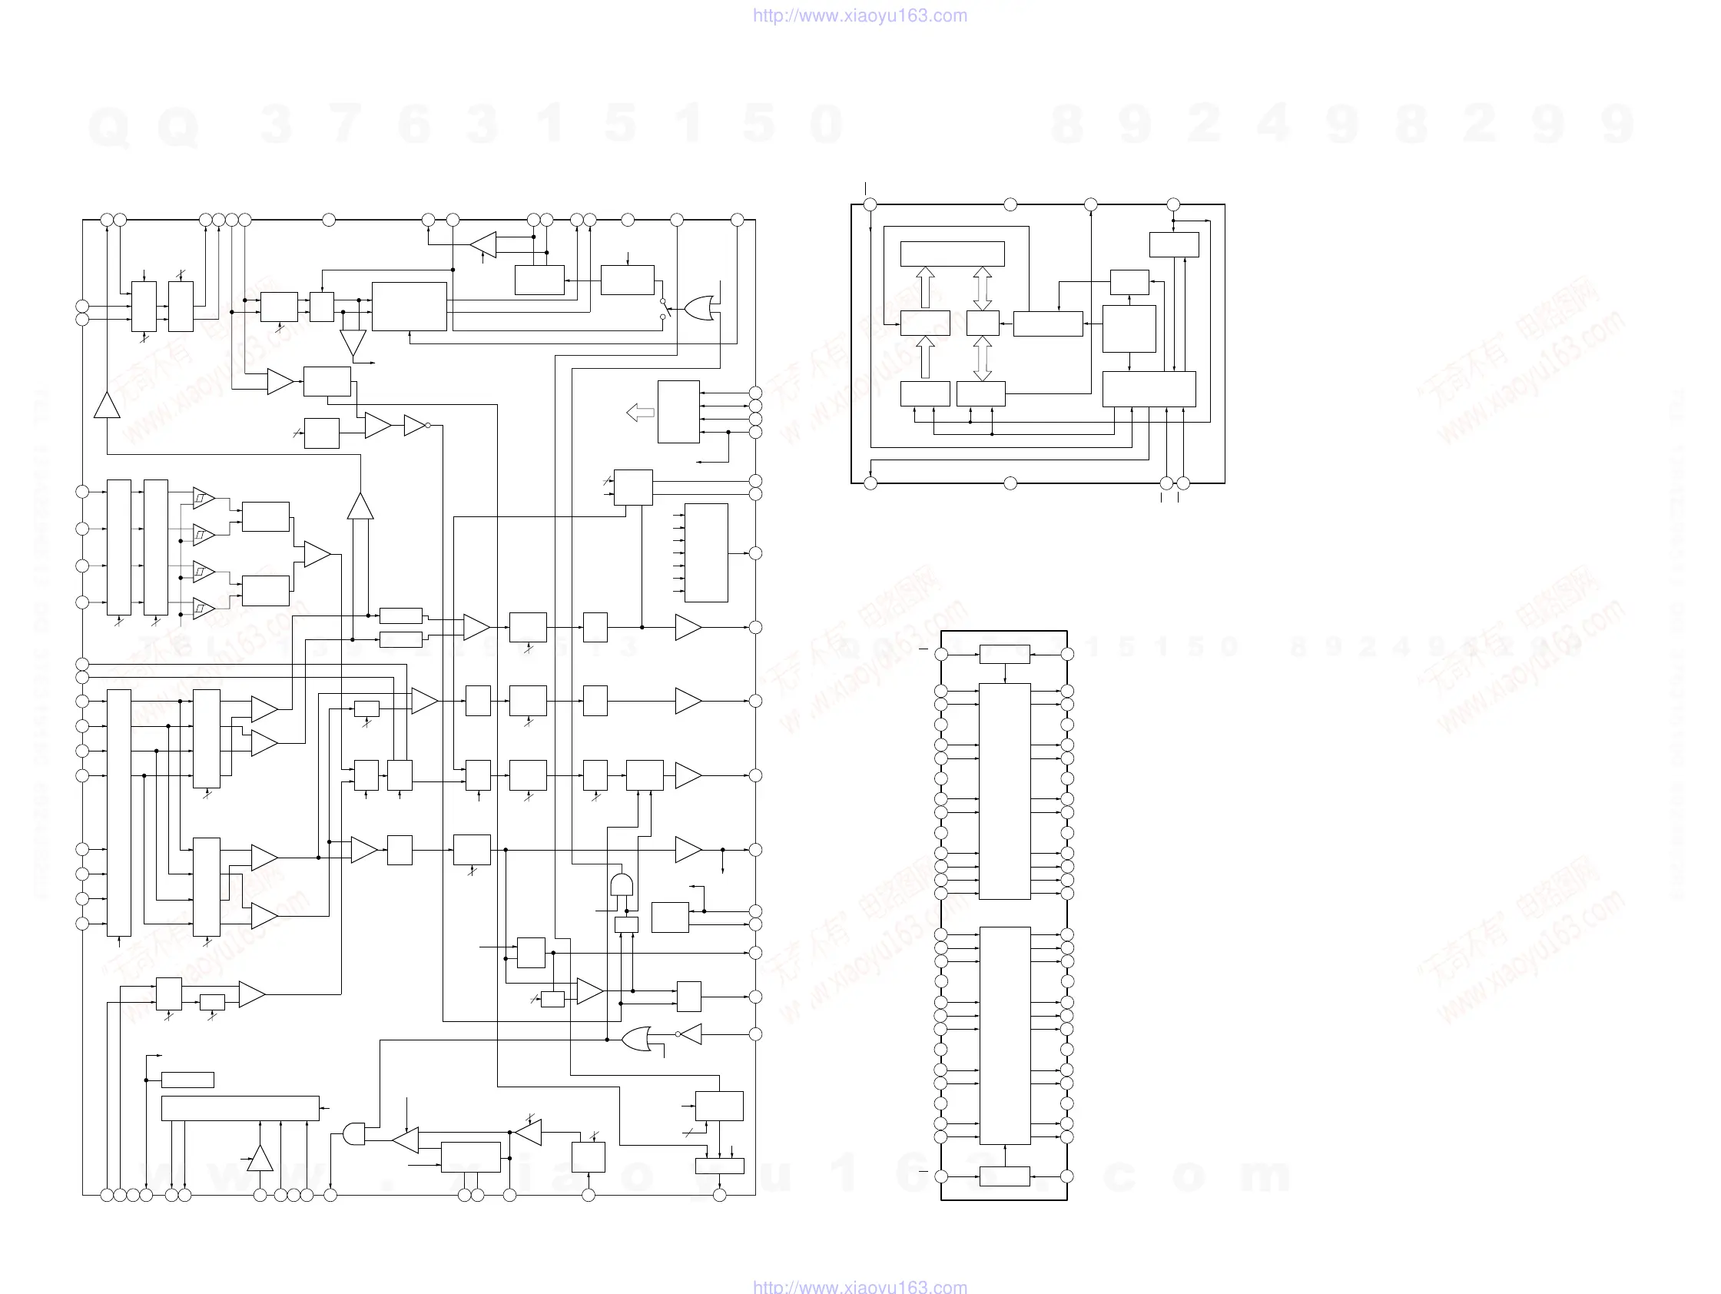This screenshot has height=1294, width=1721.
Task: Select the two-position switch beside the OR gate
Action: (665, 309)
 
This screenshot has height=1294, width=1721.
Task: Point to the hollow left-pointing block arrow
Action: (640, 413)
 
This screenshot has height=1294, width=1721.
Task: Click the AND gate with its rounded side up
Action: (622, 884)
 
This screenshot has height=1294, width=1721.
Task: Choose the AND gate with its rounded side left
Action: (354, 1133)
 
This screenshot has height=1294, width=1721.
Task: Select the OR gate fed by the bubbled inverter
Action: (636, 1039)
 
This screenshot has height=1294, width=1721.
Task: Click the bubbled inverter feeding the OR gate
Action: (690, 1034)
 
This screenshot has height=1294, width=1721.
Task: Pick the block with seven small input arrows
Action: (705, 552)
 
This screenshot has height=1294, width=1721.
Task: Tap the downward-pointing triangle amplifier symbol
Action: (353, 342)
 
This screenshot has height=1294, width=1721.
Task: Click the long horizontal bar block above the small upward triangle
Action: (240, 1108)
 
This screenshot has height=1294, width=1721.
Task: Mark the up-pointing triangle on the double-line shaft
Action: (360, 506)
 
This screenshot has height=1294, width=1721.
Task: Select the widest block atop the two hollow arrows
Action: (952, 254)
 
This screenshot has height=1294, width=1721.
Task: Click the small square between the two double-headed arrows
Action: (983, 323)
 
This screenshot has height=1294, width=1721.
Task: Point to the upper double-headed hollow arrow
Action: (983, 289)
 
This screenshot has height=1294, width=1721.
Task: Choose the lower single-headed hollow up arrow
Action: (925, 358)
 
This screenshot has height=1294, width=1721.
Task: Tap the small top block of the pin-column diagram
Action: (1004, 655)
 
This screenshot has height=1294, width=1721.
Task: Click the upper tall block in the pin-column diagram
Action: (1004, 791)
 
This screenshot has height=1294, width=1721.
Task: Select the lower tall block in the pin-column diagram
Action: (1004, 1036)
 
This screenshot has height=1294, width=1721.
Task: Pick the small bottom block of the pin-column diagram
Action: (1004, 1176)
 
